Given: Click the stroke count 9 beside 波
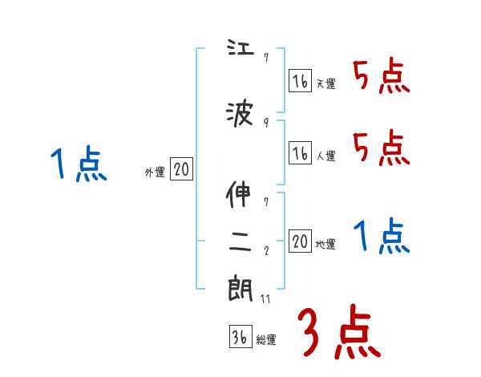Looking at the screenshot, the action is (265, 123).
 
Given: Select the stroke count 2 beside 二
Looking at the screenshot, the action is (265, 249).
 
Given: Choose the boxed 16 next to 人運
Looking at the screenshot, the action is (300, 152).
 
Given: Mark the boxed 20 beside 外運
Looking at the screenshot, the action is (181, 169).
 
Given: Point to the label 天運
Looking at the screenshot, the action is (325, 83).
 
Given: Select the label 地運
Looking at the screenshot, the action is (325, 244).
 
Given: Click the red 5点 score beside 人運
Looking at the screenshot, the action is (381, 148).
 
